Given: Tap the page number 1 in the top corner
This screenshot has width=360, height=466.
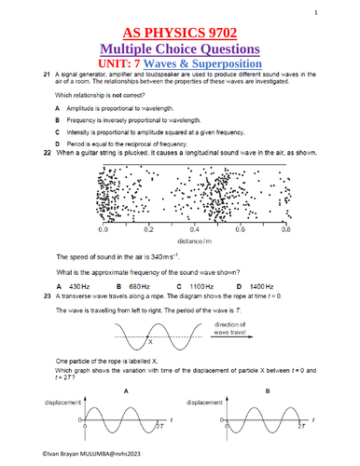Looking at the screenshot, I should (x=342, y=12).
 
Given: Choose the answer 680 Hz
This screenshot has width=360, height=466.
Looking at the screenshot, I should (x=138, y=285).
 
